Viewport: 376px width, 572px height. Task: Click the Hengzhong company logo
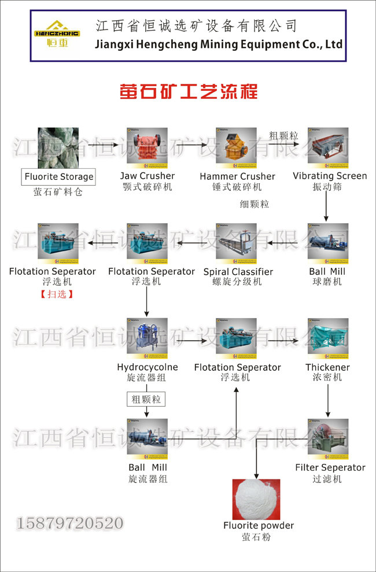(x=57, y=35)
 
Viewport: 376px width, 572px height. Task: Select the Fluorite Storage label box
(x=58, y=177)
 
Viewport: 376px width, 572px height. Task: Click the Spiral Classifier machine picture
(x=237, y=242)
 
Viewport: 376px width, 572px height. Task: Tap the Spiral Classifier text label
(x=238, y=272)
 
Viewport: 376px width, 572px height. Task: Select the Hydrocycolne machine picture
(x=147, y=337)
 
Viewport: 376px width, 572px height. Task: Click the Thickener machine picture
(x=328, y=337)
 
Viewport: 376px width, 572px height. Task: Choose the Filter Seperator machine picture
(x=328, y=438)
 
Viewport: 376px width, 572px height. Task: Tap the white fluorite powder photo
(x=256, y=499)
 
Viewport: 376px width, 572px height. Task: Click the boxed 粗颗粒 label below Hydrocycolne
(x=146, y=399)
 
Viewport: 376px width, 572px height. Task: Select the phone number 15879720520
(x=70, y=524)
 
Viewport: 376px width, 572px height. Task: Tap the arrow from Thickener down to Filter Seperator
(x=328, y=400)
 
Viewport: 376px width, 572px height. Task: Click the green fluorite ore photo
(x=58, y=147)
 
